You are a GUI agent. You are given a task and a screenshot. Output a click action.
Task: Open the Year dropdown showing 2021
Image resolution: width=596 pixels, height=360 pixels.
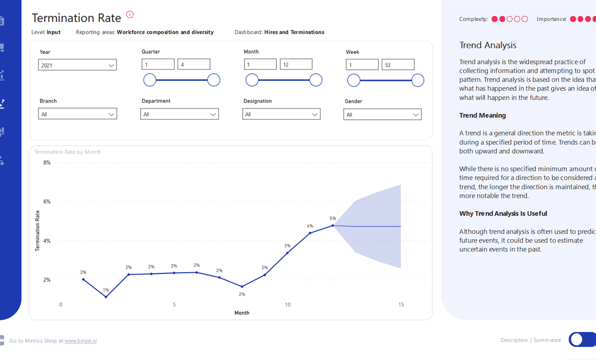tap(78, 65)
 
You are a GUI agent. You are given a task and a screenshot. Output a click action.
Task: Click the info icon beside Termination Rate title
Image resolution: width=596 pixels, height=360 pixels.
tap(130, 15)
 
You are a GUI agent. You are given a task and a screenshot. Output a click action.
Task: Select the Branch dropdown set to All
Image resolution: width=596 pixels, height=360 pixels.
tap(78, 114)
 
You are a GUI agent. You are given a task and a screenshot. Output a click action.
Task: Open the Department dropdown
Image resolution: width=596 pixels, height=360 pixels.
tap(179, 114)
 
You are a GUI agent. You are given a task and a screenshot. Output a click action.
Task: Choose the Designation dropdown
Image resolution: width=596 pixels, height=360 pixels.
tap(281, 114)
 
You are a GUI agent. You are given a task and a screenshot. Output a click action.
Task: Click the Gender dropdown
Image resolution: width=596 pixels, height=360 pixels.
tap(382, 115)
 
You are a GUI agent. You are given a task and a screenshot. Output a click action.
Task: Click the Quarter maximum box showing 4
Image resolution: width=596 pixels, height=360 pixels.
tap(194, 65)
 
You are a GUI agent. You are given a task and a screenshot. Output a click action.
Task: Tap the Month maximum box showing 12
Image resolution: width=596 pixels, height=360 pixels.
tap(296, 65)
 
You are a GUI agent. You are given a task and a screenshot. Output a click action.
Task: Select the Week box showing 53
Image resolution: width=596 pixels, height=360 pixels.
tap(398, 65)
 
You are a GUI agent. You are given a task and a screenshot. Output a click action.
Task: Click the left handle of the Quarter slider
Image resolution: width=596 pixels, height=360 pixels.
tap(150, 80)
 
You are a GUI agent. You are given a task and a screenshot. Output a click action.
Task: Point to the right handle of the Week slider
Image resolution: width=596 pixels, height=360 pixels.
tap(417, 80)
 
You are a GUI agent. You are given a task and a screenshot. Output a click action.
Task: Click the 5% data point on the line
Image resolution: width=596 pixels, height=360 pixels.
tap(333, 225)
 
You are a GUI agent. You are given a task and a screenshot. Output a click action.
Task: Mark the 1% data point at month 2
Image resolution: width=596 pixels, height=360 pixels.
tap(106, 297)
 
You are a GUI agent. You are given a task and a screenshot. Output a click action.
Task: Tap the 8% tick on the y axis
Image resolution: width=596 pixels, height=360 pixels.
tap(47, 163)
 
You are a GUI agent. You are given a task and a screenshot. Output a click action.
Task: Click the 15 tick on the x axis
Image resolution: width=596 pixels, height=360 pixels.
tap(401, 305)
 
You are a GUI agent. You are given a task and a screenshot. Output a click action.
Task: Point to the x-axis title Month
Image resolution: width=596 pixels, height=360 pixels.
tap(242, 313)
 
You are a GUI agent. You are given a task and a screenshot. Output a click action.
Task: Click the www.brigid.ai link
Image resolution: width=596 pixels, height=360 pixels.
tap(80, 341)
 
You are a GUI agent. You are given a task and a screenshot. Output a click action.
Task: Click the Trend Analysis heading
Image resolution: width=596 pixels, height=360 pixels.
tap(488, 45)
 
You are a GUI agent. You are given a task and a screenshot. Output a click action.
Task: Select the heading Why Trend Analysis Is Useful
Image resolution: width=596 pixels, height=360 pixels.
tap(503, 213)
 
